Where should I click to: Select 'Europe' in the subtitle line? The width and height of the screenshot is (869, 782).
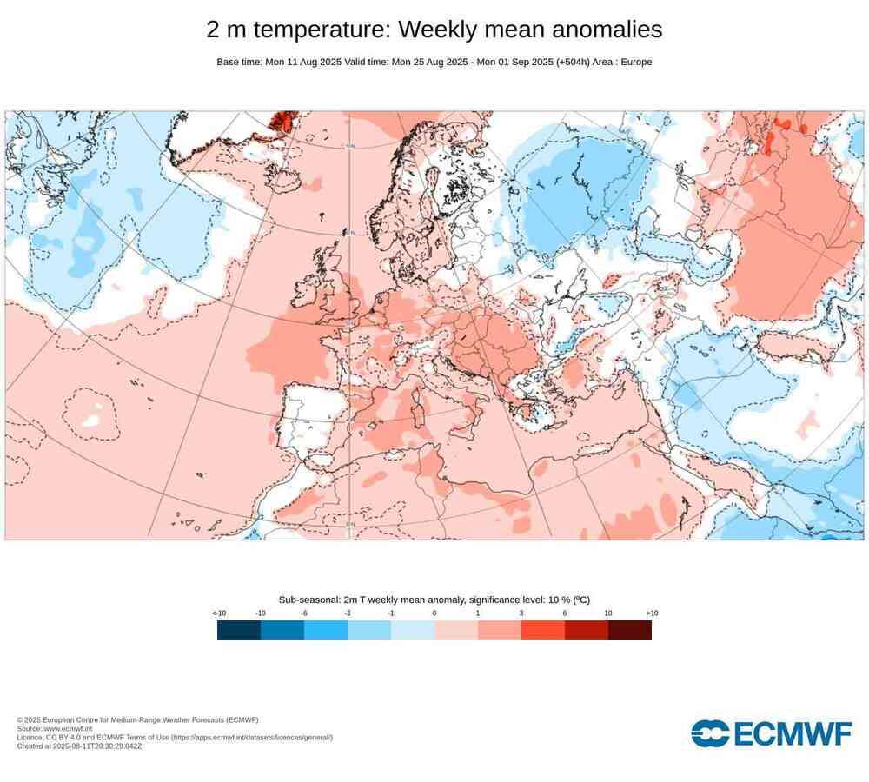click(x=634, y=62)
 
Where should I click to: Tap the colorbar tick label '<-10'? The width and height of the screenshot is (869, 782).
click(x=218, y=613)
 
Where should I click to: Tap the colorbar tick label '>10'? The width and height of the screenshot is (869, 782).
click(x=651, y=613)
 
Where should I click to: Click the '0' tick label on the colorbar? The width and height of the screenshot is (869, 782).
click(x=434, y=613)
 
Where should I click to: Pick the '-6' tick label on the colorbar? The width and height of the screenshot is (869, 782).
click(x=304, y=613)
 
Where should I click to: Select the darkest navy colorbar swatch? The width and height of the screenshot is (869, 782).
click(x=239, y=630)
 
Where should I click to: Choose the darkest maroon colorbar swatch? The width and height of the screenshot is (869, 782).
click(x=630, y=630)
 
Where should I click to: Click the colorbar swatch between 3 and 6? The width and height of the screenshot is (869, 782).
click(x=543, y=630)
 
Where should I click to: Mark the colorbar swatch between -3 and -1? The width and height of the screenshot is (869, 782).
click(x=369, y=630)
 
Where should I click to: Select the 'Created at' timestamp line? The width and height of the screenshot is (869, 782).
click(x=79, y=746)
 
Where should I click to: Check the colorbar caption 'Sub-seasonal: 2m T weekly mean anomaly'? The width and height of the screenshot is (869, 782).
click(x=382, y=600)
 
